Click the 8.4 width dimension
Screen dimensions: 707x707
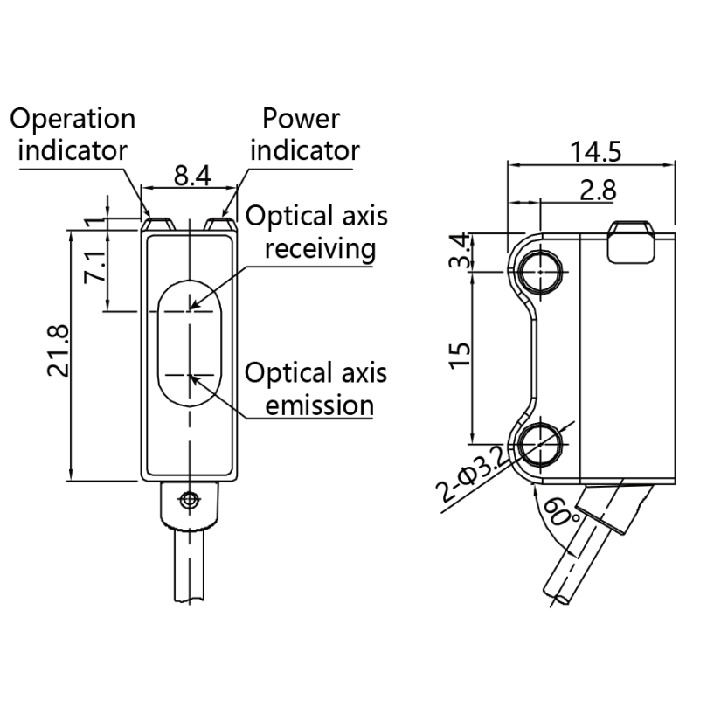pyautogui.click(x=192, y=176)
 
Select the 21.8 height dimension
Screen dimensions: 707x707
pyautogui.click(x=59, y=350)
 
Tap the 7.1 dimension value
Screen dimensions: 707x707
pyautogui.click(x=94, y=267)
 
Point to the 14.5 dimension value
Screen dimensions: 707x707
pyautogui.click(x=596, y=151)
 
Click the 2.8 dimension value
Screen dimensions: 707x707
pyautogui.click(x=598, y=190)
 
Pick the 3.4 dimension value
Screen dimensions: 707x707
pyautogui.click(x=460, y=251)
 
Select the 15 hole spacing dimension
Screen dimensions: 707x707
pyautogui.click(x=460, y=356)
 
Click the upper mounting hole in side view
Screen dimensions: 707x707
pyautogui.click(x=540, y=272)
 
